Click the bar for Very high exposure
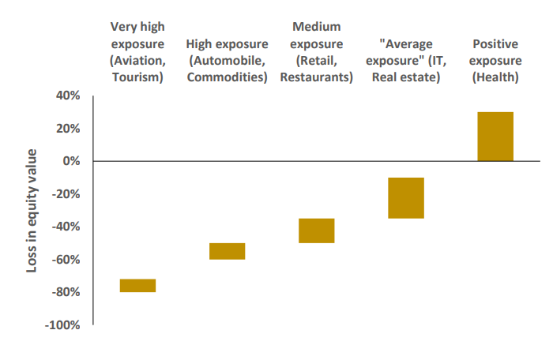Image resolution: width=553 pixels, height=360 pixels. pyautogui.click(x=137, y=286)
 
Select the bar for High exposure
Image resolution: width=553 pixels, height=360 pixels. pyautogui.click(x=227, y=251)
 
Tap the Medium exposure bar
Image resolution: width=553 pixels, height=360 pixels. pyautogui.click(x=316, y=231)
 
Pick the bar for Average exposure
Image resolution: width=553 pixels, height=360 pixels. pyautogui.click(x=405, y=198)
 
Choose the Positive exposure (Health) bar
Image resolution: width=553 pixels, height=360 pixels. pyautogui.click(x=495, y=137)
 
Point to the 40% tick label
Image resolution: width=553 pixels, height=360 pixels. pyautogui.click(x=68, y=96)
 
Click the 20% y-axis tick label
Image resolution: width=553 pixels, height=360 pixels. pyautogui.click(x=68, y=129)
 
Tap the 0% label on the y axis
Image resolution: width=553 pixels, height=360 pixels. pyautogui.click(x=71, y=161)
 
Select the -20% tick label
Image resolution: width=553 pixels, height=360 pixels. pyautogui.click(x=66, y=194)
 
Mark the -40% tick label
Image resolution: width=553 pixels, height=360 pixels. pyautogui.click(x=66, y=227)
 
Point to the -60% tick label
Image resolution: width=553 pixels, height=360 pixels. pyautogui.click(x=66, y=260)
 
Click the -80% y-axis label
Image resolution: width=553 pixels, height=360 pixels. pyautogui.click(x=66, y=292)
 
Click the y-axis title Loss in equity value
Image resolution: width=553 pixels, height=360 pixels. pyautogui.click(x=32, y=211)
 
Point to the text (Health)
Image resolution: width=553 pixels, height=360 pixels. pyautogui.click(x=495, y=77)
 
